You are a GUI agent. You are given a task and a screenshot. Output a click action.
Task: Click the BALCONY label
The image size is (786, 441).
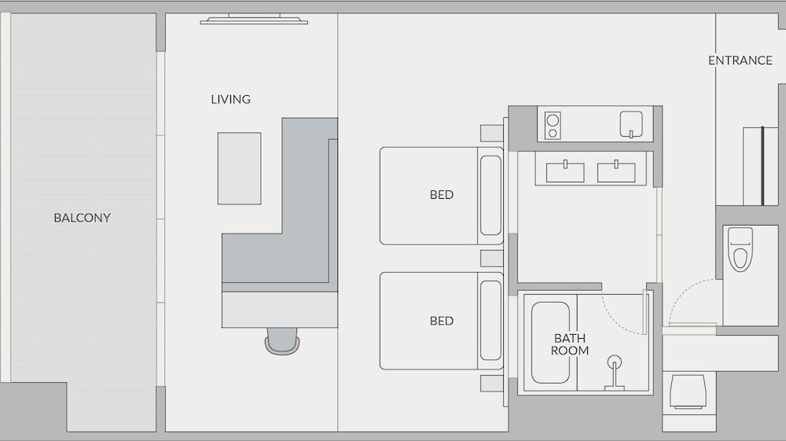click(83, 218)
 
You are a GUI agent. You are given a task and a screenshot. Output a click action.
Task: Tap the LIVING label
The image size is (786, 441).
click(230, 99)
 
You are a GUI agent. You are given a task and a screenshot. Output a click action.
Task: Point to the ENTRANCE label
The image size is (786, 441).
click(740, 60)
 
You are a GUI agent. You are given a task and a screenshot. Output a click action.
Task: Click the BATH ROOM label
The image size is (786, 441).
click(569, 344)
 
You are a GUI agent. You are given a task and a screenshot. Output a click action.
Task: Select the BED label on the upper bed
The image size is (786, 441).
click(442, 194)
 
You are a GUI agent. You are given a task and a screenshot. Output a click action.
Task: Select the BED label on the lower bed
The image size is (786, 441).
click(442, 321)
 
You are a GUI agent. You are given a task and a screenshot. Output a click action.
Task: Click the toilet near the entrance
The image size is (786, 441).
click(740, 249)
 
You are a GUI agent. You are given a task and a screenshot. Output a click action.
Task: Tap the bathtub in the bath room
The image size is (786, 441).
click(550, 342)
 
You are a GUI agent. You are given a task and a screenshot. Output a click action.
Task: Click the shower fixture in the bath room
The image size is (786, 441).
click(615, 373)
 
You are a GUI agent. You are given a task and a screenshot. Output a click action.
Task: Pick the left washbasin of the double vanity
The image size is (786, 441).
click(565, 171)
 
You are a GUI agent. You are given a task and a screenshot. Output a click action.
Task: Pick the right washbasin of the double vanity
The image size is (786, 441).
click(616, 171)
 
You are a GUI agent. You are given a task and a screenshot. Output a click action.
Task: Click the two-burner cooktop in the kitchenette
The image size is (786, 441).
click(553, 125)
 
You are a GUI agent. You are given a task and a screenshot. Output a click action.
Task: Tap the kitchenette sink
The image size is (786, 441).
click(631, 123)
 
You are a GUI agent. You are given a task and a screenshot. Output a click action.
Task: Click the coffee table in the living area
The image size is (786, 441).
click(239, 168)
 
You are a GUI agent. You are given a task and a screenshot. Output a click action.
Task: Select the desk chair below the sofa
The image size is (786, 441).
click(282, 341)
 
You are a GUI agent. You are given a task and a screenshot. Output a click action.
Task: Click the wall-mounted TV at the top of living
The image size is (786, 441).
click(254, 20)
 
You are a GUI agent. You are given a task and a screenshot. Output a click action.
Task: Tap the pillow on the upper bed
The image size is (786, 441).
click(490, 196)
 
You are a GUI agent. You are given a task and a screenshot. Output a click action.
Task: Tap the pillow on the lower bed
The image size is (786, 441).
click(490, 321)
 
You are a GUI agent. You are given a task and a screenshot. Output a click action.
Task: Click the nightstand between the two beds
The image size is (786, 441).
click(492, 259)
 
